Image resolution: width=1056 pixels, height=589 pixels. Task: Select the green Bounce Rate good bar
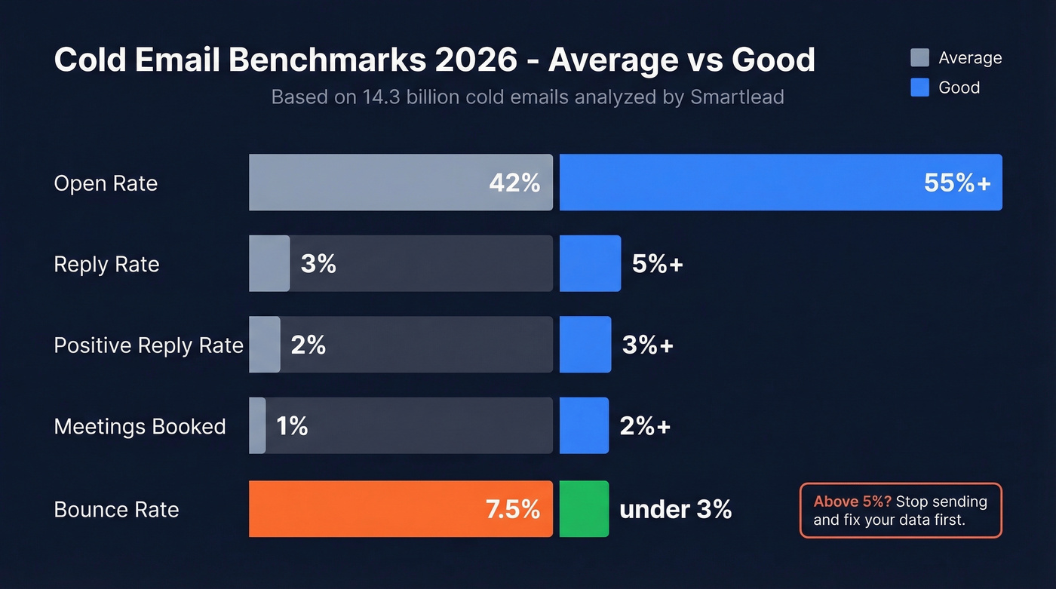pos(584,509)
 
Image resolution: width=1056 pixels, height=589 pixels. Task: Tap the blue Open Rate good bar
pos(739,183)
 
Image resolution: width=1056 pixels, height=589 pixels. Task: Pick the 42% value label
pos(514,183)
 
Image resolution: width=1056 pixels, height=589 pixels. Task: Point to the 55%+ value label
pos(957,183)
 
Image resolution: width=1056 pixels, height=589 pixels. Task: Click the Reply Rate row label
pos(106,265)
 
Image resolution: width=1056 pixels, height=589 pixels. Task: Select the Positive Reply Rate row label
pos(149,345)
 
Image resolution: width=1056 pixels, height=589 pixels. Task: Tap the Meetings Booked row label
pos(140,427)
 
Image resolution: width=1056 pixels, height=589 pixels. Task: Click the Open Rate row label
pos(106,183)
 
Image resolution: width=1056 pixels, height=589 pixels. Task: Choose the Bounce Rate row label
pos(116,510)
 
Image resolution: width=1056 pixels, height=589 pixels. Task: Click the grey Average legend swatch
pos(919,58)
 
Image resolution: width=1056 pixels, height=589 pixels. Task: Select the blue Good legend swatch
pos(919,87)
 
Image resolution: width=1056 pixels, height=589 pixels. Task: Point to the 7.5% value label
pos(513,509)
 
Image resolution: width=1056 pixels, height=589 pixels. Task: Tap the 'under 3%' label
pos(675,510)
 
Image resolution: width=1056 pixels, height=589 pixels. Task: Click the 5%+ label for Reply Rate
pos(657,264)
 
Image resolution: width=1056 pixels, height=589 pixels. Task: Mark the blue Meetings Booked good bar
pos(584,425)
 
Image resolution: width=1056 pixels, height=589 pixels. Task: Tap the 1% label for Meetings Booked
pos(292,426)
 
